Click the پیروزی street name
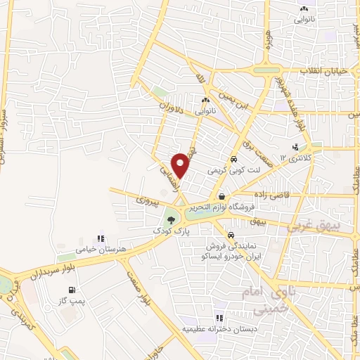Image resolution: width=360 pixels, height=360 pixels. pos(149,200)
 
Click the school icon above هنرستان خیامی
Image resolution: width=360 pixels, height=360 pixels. pos(101,239)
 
